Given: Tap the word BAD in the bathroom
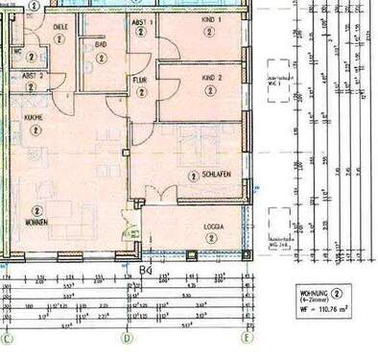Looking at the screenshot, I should point(100,44).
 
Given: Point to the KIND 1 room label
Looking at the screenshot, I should point(206,19).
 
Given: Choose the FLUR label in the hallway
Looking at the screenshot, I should point(140,79).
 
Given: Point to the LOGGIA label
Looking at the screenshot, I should point(213,228).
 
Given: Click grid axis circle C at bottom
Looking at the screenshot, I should point(7,338).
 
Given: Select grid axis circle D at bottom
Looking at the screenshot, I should point(126,338).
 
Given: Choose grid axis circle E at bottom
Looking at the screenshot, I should point(246,338).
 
